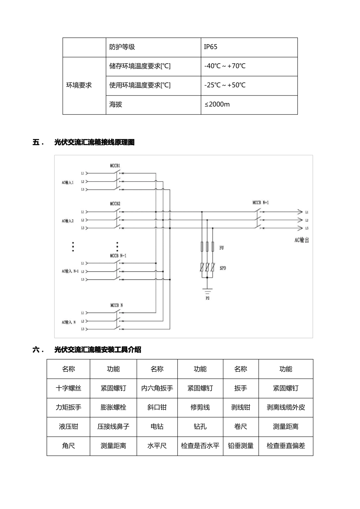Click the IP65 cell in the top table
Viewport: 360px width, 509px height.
click(x=211, y=47)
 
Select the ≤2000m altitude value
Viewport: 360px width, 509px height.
click(x=217, y=105)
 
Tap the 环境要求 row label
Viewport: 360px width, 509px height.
click(x=79, y=85)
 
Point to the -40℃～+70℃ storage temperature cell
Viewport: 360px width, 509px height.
click(x=225, y=66)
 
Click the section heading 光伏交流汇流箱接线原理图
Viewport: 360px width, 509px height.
click(x=94, y=142)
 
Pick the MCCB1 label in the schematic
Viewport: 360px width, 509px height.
click(x=115, y=166)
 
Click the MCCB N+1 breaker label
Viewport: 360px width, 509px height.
click(x=261, y=203)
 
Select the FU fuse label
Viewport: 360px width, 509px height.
click(x=222, y=248)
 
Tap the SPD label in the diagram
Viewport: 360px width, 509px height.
click(x=223, y=268)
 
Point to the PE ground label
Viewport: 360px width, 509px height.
click(x=207, y=298)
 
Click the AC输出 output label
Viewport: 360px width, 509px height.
click(x=302, y=240)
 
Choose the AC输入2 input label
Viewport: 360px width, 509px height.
click(x=68, y=220)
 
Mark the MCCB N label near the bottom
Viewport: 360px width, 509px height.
click(x=116, y=305)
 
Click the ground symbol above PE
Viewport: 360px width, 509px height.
click(x=207, y=291)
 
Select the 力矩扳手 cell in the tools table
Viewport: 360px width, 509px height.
click(x=68, y=408)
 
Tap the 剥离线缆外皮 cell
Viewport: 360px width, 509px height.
click(x=286, y=408)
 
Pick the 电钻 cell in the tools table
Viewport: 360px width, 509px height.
click(x=157, y=427)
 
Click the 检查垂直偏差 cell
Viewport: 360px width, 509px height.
click(x=286, y=446)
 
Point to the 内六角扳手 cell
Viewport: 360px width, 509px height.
click(x=157, y=388)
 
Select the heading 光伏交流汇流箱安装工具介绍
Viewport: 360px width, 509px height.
click(x=98, y=350)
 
